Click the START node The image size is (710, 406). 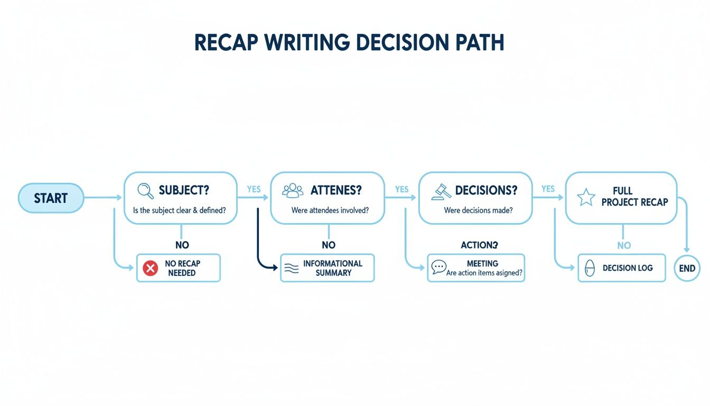click(x=51, y=198)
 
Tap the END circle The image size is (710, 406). click(x=687, y=268)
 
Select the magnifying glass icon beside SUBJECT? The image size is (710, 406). click(x=145, y=190)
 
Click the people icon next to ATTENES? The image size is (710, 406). click(x=293, y=190)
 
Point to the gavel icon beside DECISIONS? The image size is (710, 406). click(x=441, y=191)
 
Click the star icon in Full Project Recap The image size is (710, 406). click(x=585, y=197)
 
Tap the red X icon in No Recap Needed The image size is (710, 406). click(x=151, y=268)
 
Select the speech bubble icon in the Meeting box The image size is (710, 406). click(x=438, y=267)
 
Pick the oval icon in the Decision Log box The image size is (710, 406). click(x=590, y=269)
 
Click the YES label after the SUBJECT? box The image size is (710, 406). click(x=254, y=189)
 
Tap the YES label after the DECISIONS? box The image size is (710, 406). click(x=548, y=189)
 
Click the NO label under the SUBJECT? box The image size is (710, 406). click(x=182, y=245)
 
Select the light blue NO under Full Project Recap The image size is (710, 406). click(x=624, y=245)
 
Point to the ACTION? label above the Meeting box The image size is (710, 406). click(x=479, y=245)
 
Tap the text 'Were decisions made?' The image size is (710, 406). click(x=478, y=210)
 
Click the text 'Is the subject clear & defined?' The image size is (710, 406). click(x=180, y=210)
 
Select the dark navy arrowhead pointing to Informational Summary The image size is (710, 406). click(x=275, y=268)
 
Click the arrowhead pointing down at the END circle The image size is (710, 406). click(x=687, y=250)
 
